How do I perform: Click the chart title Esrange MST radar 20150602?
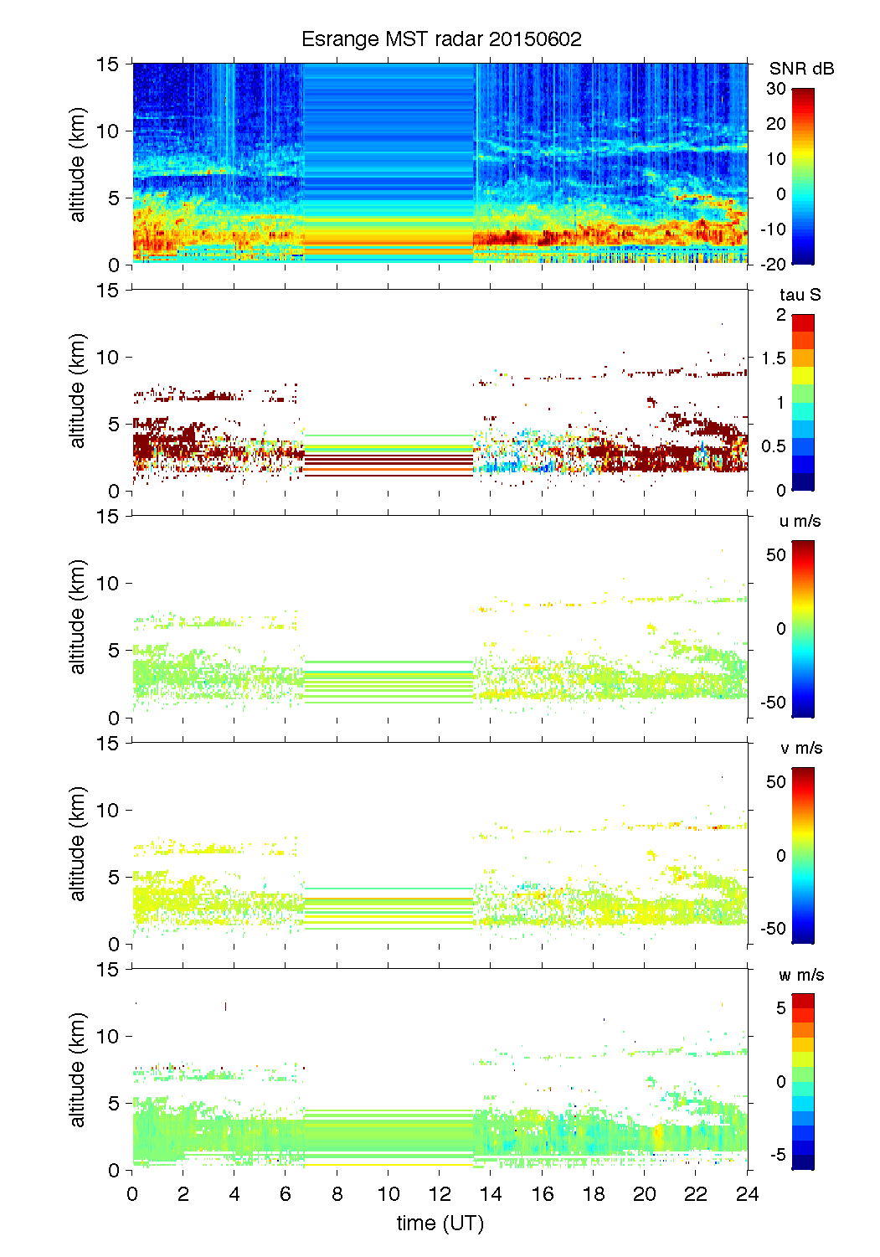coord(441,39)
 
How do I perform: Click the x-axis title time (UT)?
coord(440,1224)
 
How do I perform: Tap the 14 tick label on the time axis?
coord(491,1194)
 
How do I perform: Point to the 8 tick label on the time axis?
coord(337,1194)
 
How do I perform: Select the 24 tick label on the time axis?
coord(747,1194)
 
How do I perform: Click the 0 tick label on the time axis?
coord(132,1194)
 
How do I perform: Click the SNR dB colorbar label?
coord(801,69)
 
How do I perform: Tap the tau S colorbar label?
coord(800,295)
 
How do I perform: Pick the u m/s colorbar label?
coord(800,521)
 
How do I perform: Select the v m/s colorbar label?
coord(800,748)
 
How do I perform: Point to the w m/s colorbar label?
coord(801,975)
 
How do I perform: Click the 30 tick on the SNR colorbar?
coord(776,89)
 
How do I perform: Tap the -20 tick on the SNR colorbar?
coord(773,264)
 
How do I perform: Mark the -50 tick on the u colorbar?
coord(773,702)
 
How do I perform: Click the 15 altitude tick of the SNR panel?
coord(110,64)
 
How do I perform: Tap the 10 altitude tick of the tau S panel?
coord(110,358)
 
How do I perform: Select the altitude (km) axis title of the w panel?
coord(78,1070)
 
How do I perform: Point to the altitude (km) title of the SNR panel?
coord(78,165)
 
